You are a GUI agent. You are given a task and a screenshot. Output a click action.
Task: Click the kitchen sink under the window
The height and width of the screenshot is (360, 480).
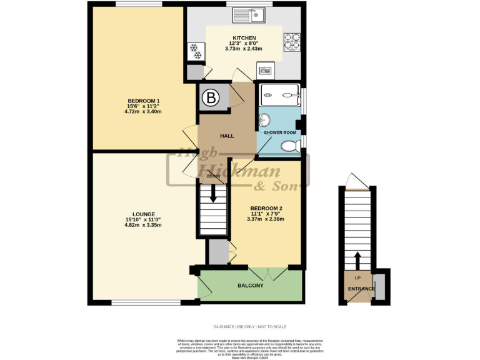pyautogui.click(x=257, y=14)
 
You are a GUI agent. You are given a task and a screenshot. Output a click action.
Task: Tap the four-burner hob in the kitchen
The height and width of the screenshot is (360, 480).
pyautogui.click(x=291, y=41)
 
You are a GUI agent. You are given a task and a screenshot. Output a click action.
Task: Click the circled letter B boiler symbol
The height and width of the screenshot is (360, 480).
pyautogui.click(x=211, y=97)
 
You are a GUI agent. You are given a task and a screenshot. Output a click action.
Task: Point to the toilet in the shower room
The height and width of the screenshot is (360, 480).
pyautogui.click(x=289, y=146)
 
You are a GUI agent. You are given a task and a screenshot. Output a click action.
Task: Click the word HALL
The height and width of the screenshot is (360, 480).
pyautogui.click(x=226, y=136)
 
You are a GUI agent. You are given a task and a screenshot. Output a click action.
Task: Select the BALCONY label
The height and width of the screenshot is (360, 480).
pyautogui.click(x=250, y=286)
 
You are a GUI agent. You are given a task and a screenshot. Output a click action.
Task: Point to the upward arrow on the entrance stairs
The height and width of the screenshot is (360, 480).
pyautogui.click(x=357, y=259)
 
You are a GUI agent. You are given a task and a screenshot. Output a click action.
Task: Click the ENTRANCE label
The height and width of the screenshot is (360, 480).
pyautogui.click(x=361, y=289)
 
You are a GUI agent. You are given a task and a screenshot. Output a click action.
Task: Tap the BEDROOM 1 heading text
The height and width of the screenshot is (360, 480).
pyautogui.click(x=144, y=101)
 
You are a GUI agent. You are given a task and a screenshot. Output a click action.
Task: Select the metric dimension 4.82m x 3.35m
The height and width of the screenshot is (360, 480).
pyautogui.click(x=143, y=225)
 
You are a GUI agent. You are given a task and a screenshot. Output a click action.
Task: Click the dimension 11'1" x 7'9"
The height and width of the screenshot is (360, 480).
pyautogui.click(x=266, y=214)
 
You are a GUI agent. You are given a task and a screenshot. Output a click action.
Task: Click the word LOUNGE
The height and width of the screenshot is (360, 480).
pyautogui.click(x=143, y=214)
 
